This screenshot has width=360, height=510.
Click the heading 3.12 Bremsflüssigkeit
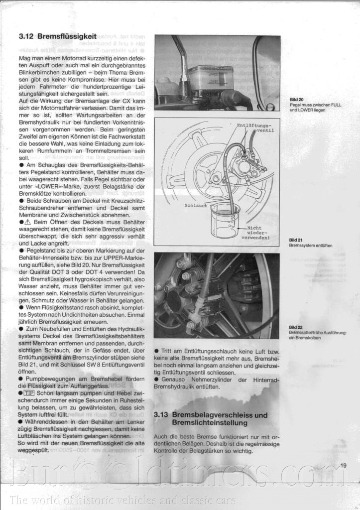57,36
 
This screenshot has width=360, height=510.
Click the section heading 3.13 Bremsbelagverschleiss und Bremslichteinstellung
211,419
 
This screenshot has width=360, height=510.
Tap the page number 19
344,466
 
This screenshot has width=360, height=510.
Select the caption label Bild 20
297,100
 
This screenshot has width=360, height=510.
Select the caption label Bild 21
296,240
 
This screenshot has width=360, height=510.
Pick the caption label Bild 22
296,327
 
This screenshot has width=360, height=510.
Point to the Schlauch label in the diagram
196,205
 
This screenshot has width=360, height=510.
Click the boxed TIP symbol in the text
28,393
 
